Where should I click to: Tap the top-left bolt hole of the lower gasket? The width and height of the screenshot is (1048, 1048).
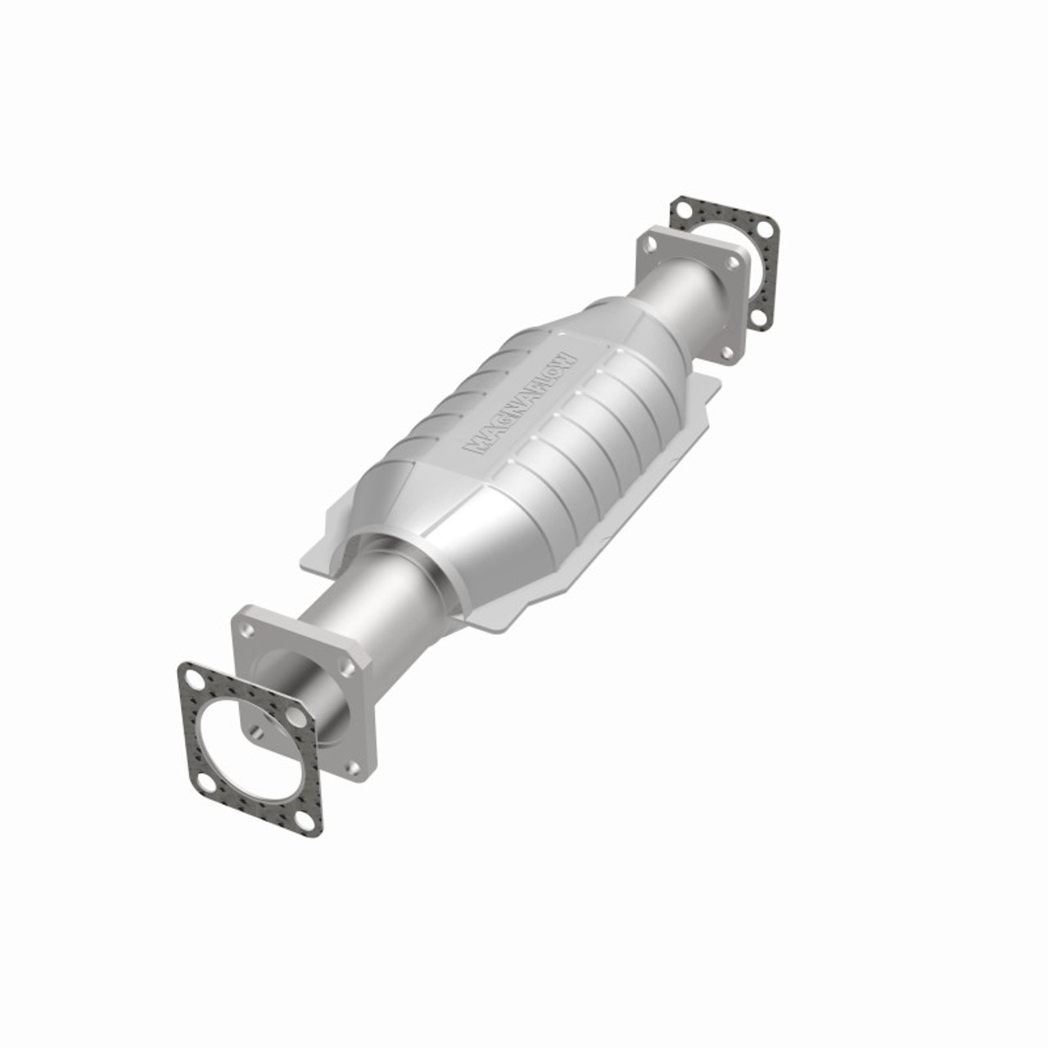point(193,680)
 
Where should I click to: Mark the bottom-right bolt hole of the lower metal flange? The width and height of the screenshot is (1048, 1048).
point(353,767)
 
